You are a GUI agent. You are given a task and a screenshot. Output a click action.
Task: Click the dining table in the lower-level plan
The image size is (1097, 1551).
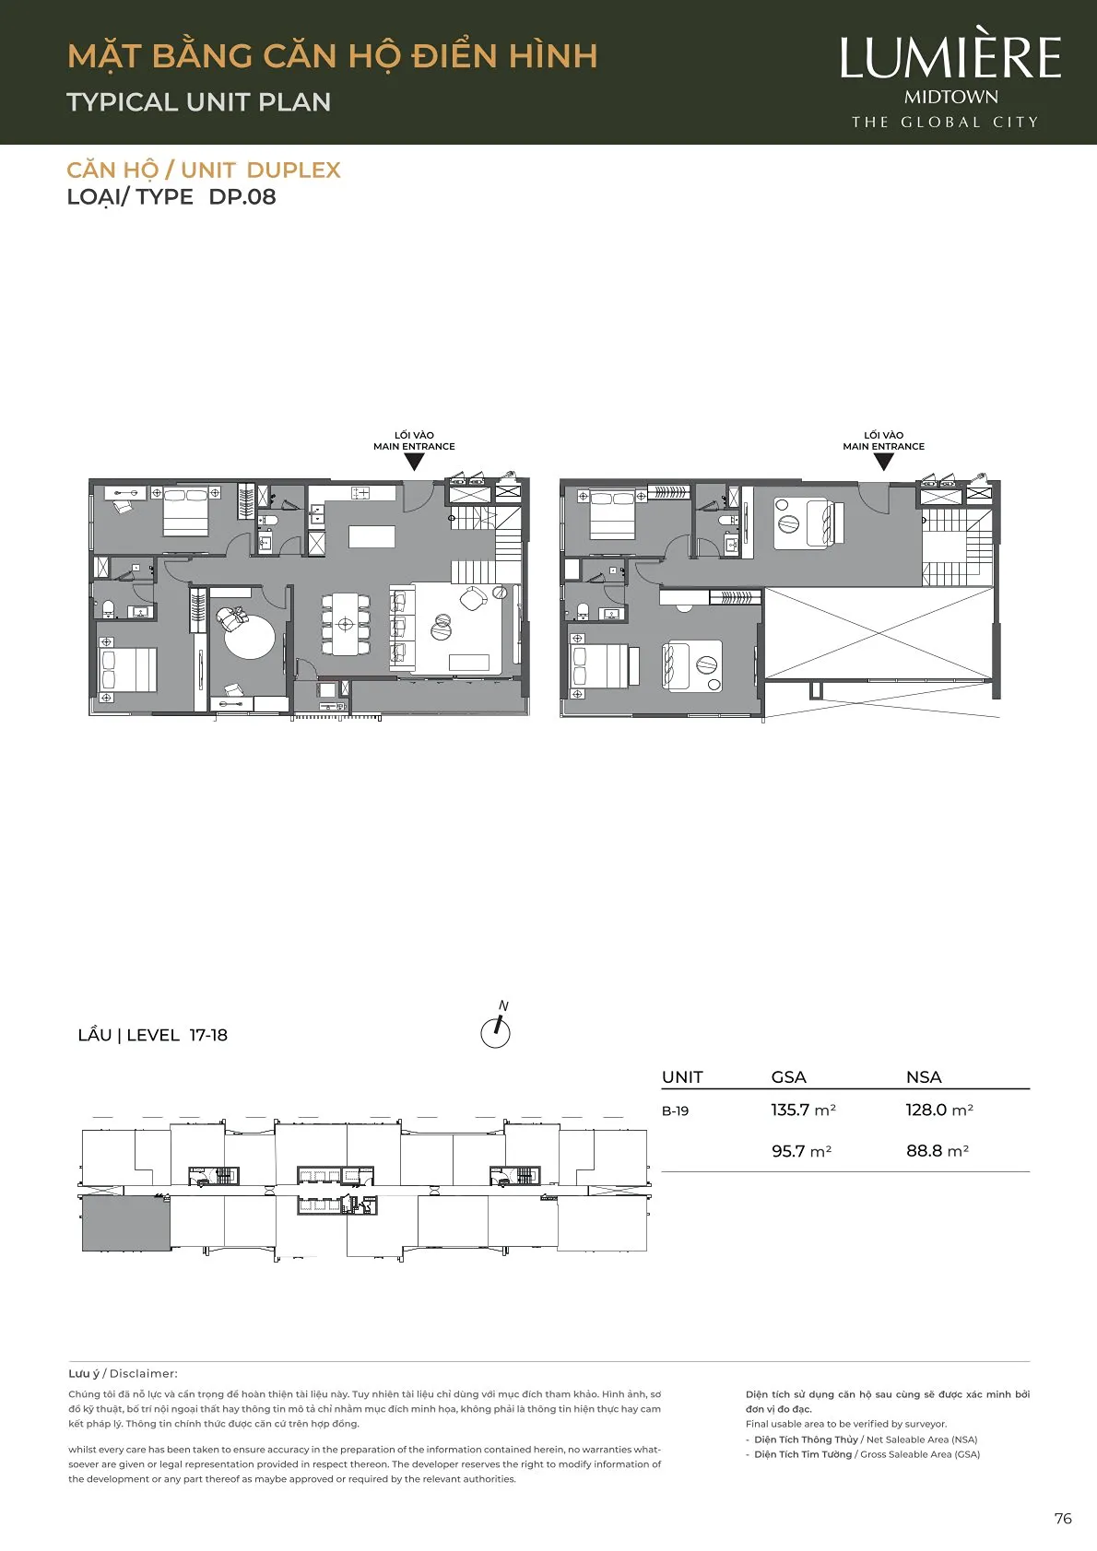[345, 624]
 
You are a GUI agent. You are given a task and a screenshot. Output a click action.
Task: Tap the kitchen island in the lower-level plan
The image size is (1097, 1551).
[372, 536]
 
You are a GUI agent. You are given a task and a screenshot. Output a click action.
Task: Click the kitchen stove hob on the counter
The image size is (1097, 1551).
[360, 493]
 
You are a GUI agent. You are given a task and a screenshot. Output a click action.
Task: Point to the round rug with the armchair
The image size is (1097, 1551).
[249, 633]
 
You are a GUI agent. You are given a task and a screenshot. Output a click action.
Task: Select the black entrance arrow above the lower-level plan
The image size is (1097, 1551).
[414, 462]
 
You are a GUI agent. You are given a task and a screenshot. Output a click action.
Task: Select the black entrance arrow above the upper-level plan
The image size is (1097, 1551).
[884, 462]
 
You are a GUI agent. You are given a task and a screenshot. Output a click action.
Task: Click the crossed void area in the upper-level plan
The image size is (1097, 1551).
[879, 633]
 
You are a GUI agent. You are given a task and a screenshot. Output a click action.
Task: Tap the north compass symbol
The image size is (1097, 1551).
[496, 1028]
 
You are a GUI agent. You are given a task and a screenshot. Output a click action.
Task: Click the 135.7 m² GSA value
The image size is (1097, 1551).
[803, 1110]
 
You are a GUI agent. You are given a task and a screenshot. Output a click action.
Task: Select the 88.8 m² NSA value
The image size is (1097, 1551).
[937, 1151]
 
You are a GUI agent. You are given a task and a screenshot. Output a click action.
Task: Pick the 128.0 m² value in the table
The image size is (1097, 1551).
[939, 1110]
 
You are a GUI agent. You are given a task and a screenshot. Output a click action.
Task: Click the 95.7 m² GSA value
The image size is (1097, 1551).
[801, 1151]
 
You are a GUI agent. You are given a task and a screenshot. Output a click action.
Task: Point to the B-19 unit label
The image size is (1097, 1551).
[675, 1111]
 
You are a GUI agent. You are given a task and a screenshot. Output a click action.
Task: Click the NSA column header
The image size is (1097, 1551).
[924, 1077]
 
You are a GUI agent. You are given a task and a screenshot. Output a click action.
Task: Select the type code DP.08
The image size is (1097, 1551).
[242, 197]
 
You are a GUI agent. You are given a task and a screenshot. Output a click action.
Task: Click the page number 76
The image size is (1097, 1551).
[1063, 1519]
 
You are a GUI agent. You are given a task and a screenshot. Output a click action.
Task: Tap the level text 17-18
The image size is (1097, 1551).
[208, 1035]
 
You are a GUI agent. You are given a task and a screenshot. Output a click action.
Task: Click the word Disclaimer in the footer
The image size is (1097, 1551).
[143, 1374]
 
